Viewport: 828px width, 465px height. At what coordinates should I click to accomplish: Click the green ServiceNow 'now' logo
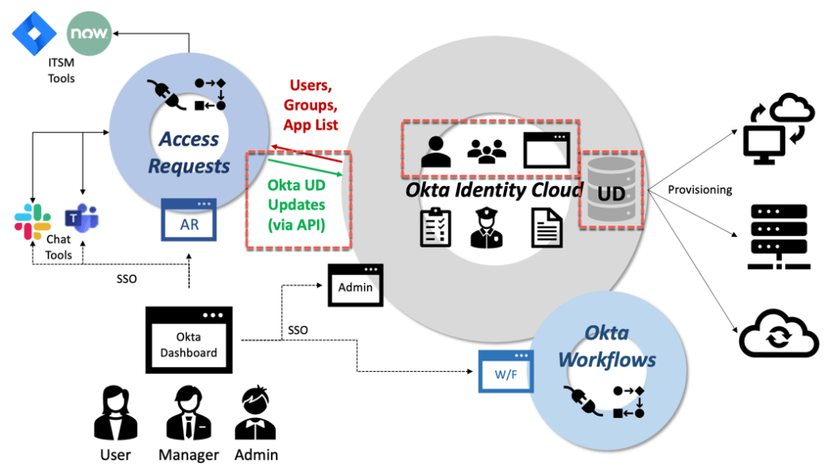pyautogui.click(x=89, y=34)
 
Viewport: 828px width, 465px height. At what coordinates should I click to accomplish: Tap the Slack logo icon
pyautogui.click(x=33, y=222)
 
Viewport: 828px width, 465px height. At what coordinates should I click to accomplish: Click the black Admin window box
pyautogui.click(x=355, y=285)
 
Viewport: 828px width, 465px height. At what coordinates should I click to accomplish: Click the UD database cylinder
pyautogui.click(x=612, y=190)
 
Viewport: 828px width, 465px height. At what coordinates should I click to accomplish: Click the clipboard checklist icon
pyautogui.click(x=436, y=228)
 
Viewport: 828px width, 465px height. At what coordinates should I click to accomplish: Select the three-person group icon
pyautogui.click(x=487, y=151)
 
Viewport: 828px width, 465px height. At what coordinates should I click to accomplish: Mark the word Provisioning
pyautogui.click(x=699, y=190)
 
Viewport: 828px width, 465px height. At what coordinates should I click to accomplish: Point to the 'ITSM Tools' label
pyautogui.click(x=61, y=71)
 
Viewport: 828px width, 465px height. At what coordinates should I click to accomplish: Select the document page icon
pyautogui.click(x=547, y=228)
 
